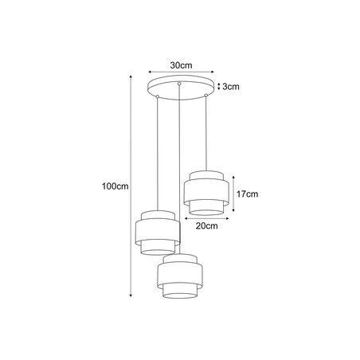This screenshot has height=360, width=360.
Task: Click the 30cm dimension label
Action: (180, 65)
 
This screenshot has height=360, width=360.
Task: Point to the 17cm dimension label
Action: (248, 194)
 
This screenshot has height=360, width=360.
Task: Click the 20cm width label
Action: (206, 225)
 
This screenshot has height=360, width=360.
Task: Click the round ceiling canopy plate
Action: (180, 87)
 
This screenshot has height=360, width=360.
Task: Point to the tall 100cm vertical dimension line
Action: (131, 186)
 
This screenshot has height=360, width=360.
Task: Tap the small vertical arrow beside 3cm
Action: (217, 87)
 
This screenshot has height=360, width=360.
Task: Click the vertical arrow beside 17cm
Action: (233, 194)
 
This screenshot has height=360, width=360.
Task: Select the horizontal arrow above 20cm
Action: (206, 217)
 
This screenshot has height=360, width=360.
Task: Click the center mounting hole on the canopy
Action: (180, 84)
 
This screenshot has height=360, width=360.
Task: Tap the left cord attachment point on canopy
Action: (158, 96)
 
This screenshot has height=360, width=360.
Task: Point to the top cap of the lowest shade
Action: (179, 259)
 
